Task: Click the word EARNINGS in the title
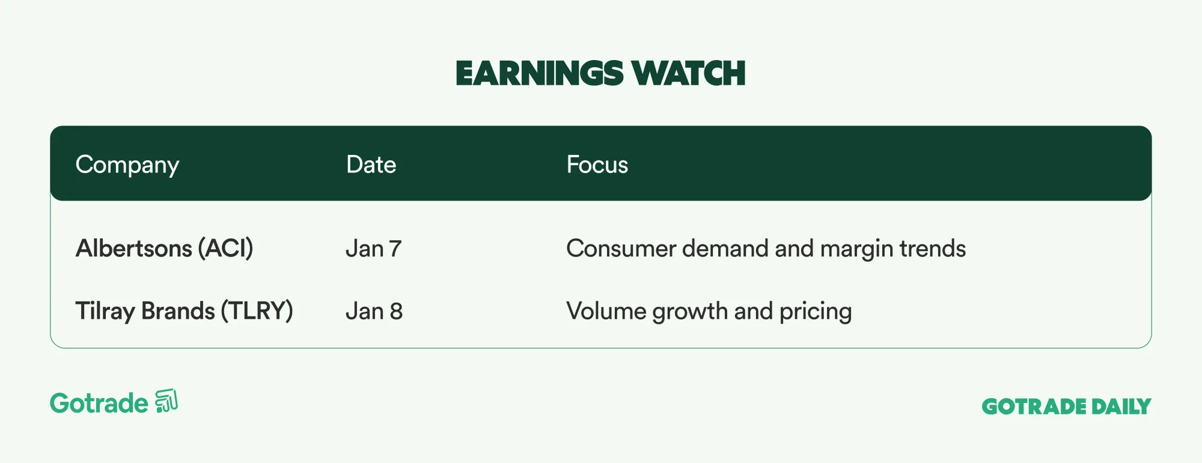[x=540, y=73]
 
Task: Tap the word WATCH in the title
[x=689, y=73]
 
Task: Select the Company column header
[x=127, y=165]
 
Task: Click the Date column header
[x=371, y=165]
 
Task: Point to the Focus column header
[x=597, y=165]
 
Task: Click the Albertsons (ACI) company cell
[x=164, y=248]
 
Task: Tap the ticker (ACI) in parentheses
[x=225, y=248]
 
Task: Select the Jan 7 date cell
[x=373, y=249]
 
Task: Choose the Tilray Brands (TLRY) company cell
[x=184, y=311]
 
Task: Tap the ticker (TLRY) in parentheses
[x=257, y=311]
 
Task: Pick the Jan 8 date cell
[x=374, y=311]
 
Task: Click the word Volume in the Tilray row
[x=606, y=311]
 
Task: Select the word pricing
[x=816, y=312]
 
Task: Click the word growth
[x=690, y=312]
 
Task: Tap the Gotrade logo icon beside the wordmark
[x=166, y=401]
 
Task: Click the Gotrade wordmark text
[x=99, y=403]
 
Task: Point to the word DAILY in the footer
[x=1121, y=407]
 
